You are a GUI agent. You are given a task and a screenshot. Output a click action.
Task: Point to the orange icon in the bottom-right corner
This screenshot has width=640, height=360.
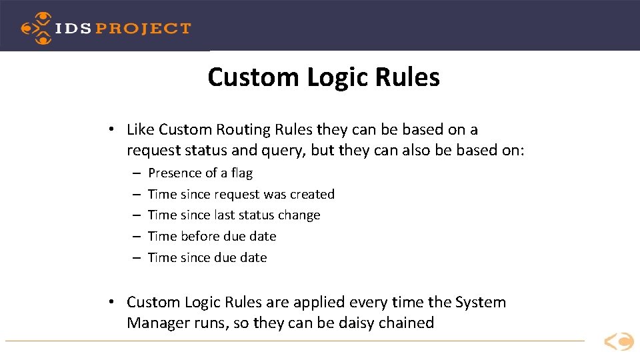pyautogui.click(x=619, y=342)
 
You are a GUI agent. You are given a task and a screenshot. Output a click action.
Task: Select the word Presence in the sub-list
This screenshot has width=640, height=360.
pyautogui.click(x=175, y=173)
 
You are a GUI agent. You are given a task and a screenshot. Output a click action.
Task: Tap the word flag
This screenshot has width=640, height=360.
pyautogui.click(x=241, y=173)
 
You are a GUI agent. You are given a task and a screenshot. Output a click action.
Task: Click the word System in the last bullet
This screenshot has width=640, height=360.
pyautogui.click(x=481, y=302)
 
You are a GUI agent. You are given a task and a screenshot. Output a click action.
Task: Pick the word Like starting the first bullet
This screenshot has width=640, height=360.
pyautogui.click(x=140, y=129)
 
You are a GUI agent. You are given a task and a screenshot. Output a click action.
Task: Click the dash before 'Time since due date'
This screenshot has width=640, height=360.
pyautogui.click(x=135, y=257)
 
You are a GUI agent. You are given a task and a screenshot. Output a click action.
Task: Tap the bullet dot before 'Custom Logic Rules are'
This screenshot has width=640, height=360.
pyautogui.click(x=114, y=302)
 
